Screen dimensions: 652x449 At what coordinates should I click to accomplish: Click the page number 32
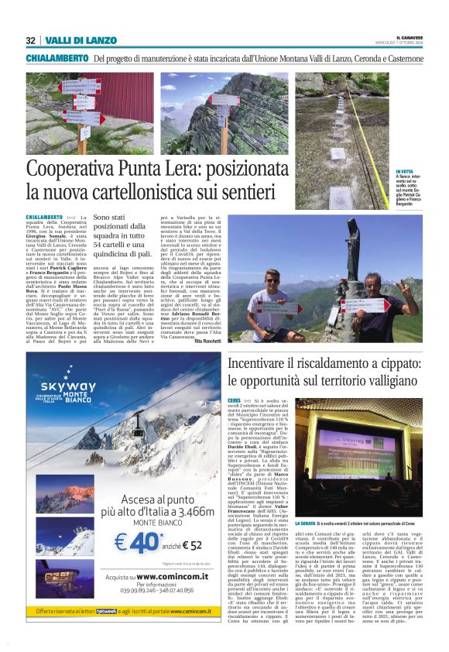click(x=30, y=40)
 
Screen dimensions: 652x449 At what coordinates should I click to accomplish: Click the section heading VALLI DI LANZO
click(x=69, y=40)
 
